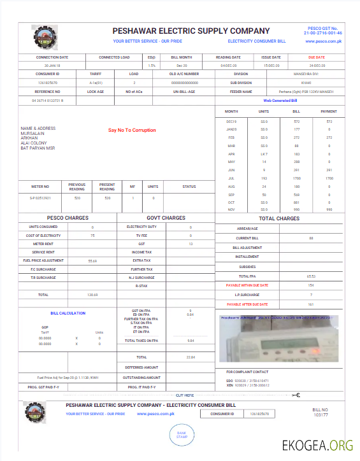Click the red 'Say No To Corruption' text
[132, 130]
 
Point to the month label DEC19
[231, 121]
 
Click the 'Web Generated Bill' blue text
[281, 101]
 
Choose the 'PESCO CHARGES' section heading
[68, 218]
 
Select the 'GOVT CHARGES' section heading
[166, 218]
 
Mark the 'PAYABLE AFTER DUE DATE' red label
[247, 304]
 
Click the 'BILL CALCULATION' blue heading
[68, 313]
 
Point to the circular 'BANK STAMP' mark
[182, 435]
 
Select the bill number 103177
[320, 415]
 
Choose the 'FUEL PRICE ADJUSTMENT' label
[43, 260]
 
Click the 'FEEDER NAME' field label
[241, 92]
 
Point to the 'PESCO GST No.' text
[324, 29]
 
